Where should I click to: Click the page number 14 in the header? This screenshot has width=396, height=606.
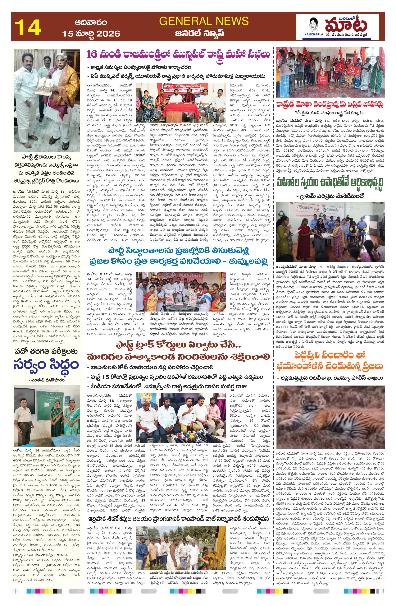(28, 27)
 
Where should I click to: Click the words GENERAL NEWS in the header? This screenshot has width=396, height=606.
(204, 21)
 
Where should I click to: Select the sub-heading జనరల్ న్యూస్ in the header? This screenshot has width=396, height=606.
(204, 33)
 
